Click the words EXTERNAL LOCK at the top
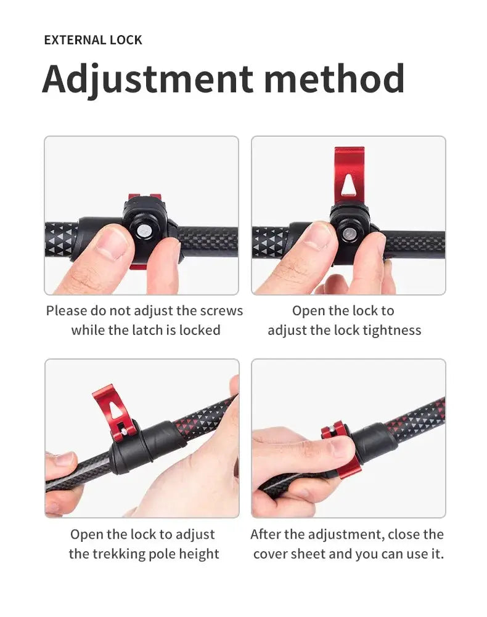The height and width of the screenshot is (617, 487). (93, 40)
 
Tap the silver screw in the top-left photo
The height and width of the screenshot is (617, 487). (142, 230)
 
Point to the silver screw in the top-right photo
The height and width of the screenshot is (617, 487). (349, 234)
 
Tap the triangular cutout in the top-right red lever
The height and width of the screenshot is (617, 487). (349, 185)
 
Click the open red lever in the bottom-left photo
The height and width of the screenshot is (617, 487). (114, 413)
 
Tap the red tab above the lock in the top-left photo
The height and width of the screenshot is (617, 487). (145, 197)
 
